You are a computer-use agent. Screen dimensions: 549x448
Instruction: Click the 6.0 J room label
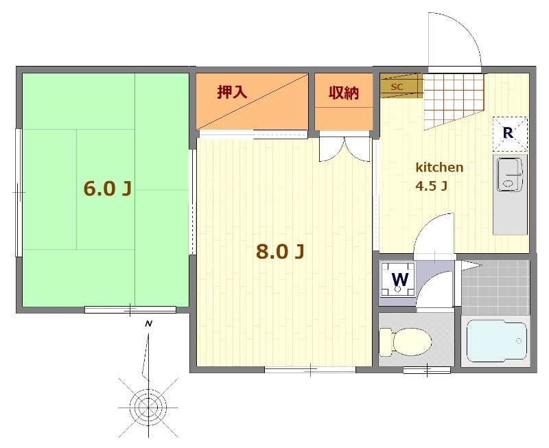coord(108,189)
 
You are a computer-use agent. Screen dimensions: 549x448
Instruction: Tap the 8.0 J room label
coord(280,251)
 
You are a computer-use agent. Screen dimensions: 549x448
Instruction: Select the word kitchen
coord(439,167)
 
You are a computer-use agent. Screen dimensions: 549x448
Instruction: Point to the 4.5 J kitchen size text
coord(432,186)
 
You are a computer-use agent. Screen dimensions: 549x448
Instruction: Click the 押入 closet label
coord(232,92)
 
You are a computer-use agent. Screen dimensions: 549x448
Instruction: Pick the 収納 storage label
coord(344,93)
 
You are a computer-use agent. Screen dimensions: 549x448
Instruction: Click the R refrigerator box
coord(510,134)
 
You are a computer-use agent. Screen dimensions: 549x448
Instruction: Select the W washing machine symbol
coord(399,280)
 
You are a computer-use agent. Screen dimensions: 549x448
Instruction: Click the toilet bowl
coord(406,342)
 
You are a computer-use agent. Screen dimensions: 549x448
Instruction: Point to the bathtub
coord(497,340)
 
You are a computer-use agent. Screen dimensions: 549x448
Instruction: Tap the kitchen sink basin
coord(510,175)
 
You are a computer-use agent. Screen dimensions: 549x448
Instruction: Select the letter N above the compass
coord(149,324)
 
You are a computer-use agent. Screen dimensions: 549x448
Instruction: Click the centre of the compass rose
coord(148,407)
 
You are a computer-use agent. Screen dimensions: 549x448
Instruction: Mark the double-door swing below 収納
coord(344,149)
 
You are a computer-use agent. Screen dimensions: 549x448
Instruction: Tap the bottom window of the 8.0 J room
coord(310,370)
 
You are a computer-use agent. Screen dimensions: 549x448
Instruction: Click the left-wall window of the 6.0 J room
coord(19,193)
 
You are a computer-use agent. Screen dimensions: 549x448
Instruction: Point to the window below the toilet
coord(427,370)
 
